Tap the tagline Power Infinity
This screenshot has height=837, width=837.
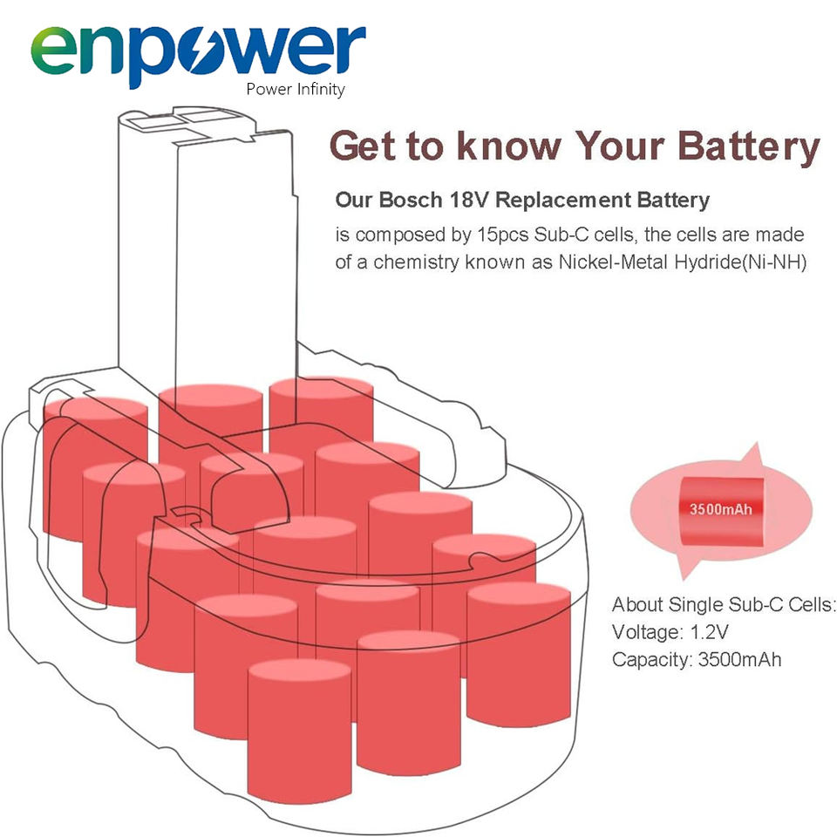[296, 89]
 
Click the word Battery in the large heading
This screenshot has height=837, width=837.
[748, 146]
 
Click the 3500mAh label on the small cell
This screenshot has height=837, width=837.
[721, 508]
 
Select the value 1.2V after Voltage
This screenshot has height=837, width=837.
[709, 633]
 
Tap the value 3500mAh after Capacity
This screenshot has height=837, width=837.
[740, 660]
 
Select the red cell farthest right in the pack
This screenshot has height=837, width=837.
[519, 655]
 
